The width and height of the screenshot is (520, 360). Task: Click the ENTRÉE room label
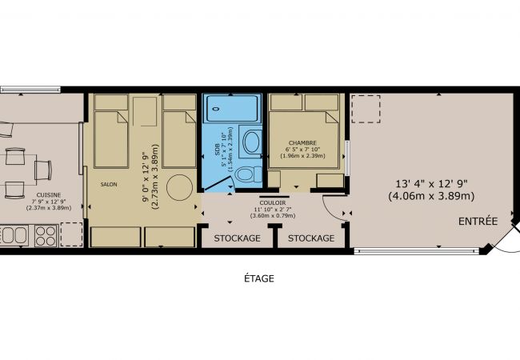[x=478, y=221]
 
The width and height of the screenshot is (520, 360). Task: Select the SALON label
[x=109, y=184]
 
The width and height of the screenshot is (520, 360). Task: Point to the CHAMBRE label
[x=304, y=144]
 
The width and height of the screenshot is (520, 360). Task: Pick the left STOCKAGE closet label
[x=237, y=238]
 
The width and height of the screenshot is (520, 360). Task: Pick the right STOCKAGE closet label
[x=310, y=238]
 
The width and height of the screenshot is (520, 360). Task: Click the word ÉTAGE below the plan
[x=259, y=278]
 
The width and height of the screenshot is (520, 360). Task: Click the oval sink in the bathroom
[x=250, y=143]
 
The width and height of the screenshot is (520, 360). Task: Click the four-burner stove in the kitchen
[x=44, y=235]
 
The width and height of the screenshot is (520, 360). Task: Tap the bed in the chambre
[x=307, y=132]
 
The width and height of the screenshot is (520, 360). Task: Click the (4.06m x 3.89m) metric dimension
[x=431, y=195]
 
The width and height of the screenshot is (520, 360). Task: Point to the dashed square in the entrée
[x=366, y=108]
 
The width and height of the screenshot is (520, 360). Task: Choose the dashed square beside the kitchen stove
[x=70, y=234]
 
